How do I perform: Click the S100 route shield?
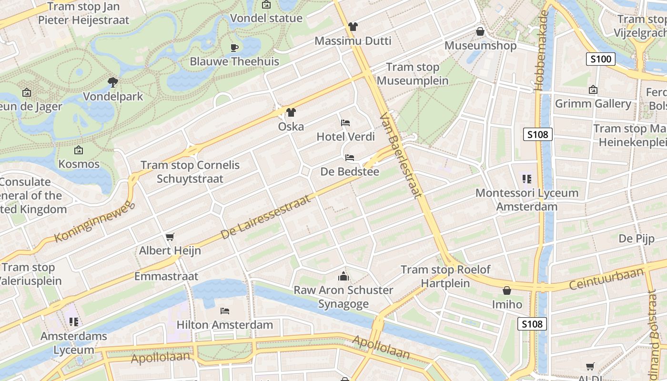coord(600,60)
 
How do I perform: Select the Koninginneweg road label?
coord(95,222)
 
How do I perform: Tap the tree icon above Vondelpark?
coord(113,82)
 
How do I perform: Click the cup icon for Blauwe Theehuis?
coord(234,47)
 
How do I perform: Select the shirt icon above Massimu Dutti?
coord(353,26)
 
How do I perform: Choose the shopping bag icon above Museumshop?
coord(480,31)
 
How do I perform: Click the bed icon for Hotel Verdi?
coord(345,123)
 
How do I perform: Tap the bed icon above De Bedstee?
coord(350,158)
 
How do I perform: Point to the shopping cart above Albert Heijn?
coord(170,237)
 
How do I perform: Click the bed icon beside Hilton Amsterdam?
coord(225,311)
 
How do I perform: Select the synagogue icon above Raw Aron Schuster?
coord(343,276)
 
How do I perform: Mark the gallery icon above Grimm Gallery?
coord(593,90)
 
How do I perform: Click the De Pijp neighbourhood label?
coord(637,239)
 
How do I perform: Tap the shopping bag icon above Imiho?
coord(507,291)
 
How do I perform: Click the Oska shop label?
coord(291,127)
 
